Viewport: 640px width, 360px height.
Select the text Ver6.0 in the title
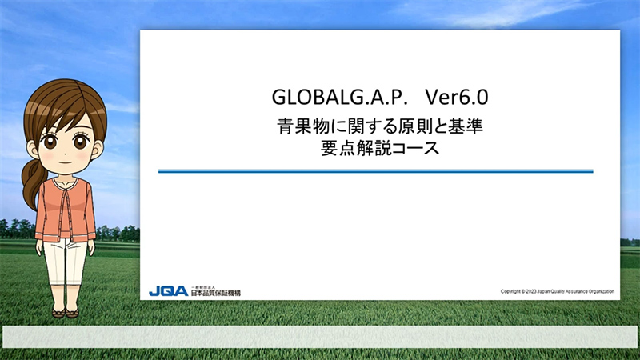click(x=457, y=97)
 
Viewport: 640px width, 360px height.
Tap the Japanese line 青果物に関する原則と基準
click(x=380, y=126)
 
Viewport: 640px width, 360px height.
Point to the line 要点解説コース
click(x=380, y=148)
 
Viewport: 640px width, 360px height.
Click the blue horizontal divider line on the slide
click(x=375, y=171)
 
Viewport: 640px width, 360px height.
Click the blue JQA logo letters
click(x=168, y=291)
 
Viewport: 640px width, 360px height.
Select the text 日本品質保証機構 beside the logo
click(x=216, y=293)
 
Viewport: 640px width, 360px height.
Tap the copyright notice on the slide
click(x=557, y=291)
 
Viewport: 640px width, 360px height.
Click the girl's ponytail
click(x=32, y=184)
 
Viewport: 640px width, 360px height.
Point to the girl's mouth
click(x=66, y=162)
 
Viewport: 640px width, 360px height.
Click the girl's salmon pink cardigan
click(x=66, y=209)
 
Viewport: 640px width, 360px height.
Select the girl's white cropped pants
click(x=66, y=262)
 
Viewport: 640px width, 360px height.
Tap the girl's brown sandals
click(x=66, y=313)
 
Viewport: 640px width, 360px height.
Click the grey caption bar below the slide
click(x=320, y=337)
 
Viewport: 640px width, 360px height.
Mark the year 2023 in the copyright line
click(x=531, y=291)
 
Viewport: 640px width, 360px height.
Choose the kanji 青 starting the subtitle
click(x=286, y=126)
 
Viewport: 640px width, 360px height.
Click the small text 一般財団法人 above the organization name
click(x=203, y=287)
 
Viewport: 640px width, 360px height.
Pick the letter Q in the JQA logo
click(x=168, y=291)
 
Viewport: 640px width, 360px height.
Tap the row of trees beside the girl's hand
click(x=118, y=233)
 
